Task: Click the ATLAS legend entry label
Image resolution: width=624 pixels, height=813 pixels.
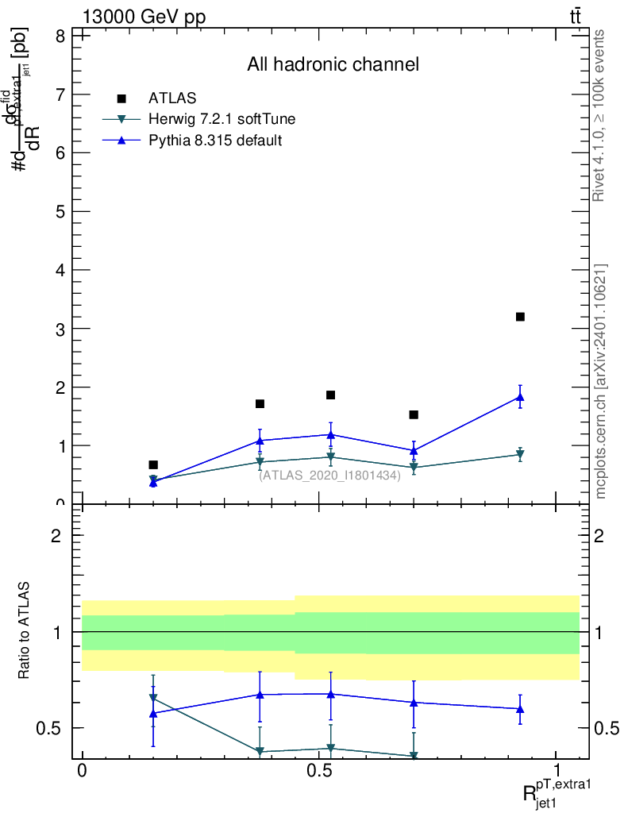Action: (x=172, y=98)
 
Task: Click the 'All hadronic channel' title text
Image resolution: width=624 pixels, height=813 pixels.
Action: (x=333, y=64)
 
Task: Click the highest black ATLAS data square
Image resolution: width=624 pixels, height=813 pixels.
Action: (x=520, y=317)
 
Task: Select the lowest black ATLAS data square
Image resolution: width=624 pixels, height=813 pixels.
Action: (x=153, y=464)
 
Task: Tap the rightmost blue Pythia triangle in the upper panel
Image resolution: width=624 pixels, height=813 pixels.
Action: (x=520, y=397)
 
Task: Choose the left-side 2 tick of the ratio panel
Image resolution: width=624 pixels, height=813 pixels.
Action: (x=57, y=536)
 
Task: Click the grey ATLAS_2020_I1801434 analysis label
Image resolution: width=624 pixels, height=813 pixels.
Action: (x=329, y=475)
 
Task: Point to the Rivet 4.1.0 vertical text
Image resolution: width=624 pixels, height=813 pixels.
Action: (x=599, y=115)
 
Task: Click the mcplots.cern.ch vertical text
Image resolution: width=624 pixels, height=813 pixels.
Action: (x=599, y=381)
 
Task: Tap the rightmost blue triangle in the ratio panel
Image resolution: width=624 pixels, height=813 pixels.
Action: (x=520, y=708)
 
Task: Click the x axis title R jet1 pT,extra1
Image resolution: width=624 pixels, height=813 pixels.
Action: (x=557, y=793)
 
